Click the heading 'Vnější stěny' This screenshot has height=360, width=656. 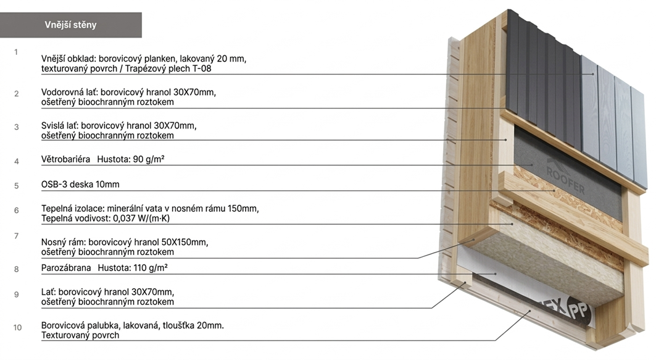[70, 25]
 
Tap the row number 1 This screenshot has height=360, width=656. [16, 52]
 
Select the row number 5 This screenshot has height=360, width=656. [17, 185]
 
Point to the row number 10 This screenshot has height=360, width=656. [17, 327]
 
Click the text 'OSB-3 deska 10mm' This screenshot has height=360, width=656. [80, 185]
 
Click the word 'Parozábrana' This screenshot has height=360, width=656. [66, 268]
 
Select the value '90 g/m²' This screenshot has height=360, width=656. [149, 159]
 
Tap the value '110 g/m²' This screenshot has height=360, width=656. [151, 268]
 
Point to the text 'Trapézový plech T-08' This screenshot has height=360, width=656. [168, 69]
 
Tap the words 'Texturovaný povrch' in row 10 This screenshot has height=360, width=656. [80, 335]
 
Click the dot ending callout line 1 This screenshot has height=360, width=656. [593, 74]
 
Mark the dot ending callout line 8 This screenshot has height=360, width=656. [494, 274]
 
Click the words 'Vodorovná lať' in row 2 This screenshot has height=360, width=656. [69, 93]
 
